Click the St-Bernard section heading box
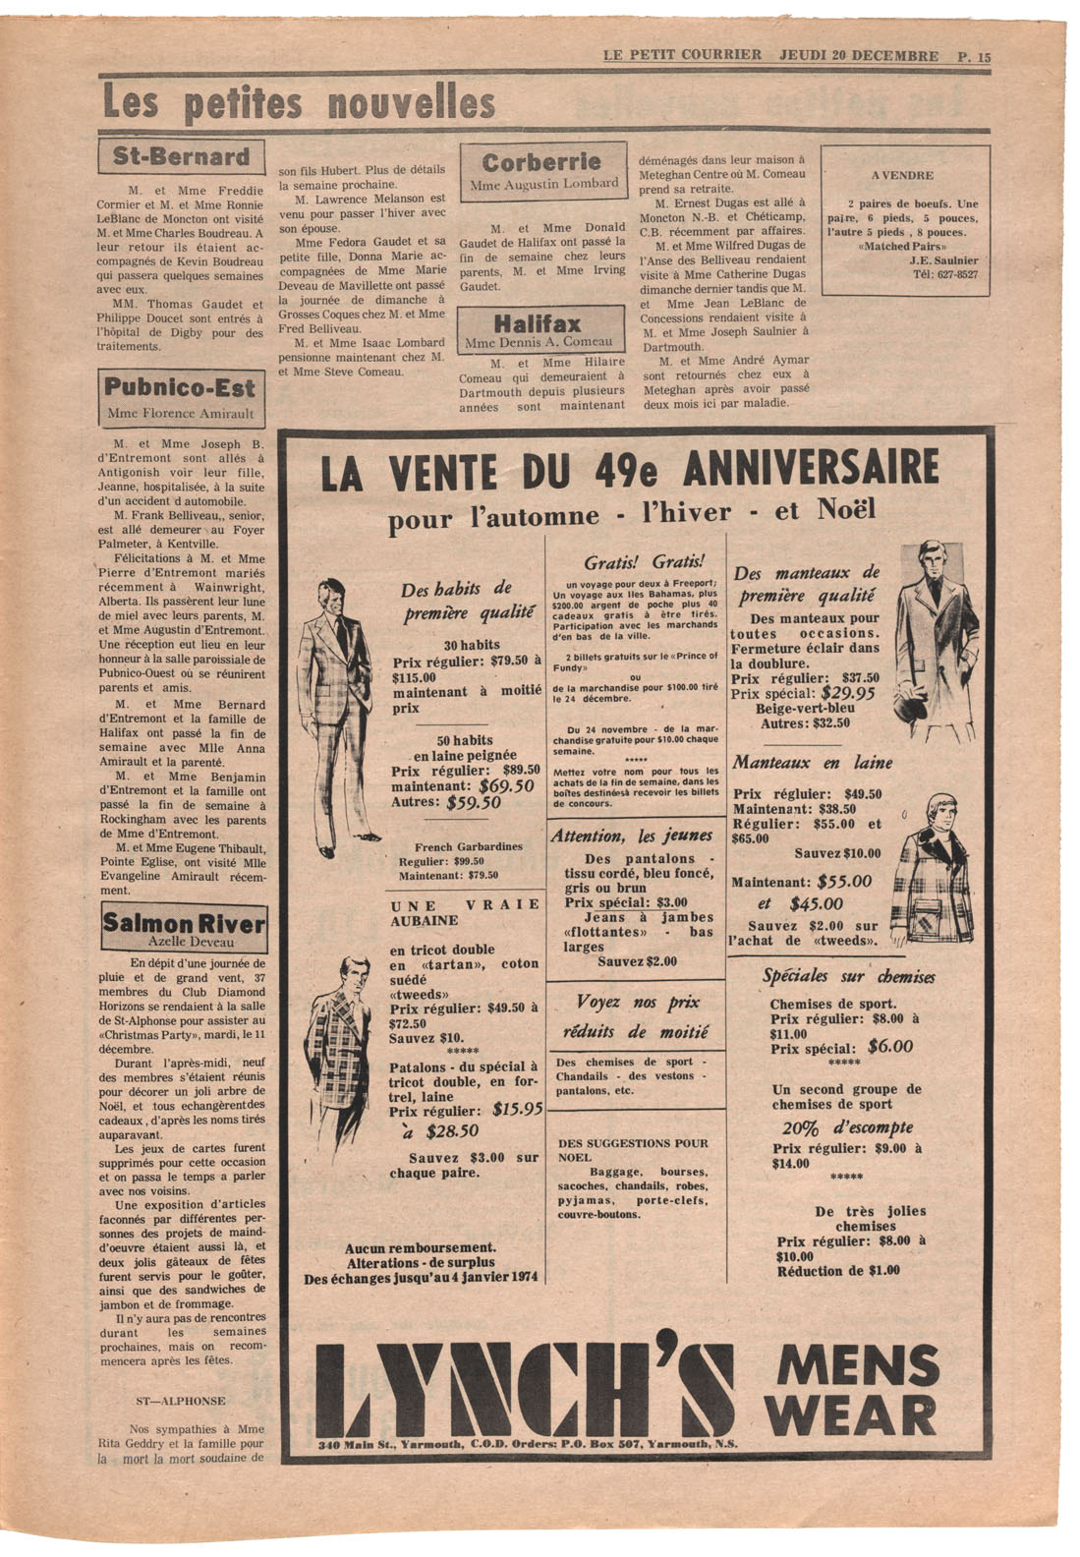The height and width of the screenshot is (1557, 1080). pos(182,156)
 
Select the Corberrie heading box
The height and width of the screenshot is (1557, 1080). pos(542,171)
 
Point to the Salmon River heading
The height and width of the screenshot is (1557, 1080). pos(184,927)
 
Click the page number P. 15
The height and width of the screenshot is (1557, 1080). pos(973,56)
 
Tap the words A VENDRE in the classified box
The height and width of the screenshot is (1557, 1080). pos(904,175)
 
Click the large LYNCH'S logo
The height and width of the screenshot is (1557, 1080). pos(526,1388)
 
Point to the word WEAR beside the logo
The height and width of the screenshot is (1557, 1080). pos(852,1415)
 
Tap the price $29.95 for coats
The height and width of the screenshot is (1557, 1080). pos(848,692)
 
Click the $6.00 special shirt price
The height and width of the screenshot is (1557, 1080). pos(889,1047)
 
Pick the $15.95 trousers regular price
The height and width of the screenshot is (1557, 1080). pos(518,1110)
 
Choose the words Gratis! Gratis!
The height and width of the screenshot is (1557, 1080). pos(644,562)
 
